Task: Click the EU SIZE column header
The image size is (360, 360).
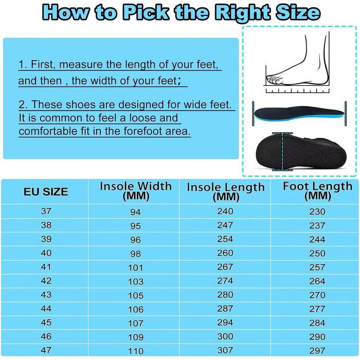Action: [x=46, y=192]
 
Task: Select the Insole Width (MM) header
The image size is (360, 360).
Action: [x=136, y=191]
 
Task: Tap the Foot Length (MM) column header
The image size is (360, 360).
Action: [x=317, y=191]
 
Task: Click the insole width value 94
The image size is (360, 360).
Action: [x=135, y=212]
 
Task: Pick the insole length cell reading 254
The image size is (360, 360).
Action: [x=225, y=239]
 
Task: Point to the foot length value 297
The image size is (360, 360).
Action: [x=317, y=351]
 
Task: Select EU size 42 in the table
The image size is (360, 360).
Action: [x=46, y=281]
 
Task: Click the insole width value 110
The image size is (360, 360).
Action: [x=136, y=351]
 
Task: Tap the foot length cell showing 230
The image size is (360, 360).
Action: [x=317, y=211]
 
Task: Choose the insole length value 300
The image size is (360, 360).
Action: [x=225, y=336]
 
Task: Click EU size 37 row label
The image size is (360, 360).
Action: [x=46, y=211]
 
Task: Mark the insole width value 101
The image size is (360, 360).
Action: [x=135, y=268]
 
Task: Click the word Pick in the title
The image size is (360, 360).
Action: [x=146, y=12]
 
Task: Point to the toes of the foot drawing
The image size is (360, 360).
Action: [x=275, y=79]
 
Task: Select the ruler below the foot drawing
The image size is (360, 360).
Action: [x=298, y=90]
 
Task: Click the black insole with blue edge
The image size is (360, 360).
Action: [x=299, y=113]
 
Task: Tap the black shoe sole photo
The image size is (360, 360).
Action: [x=301, y=152]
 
